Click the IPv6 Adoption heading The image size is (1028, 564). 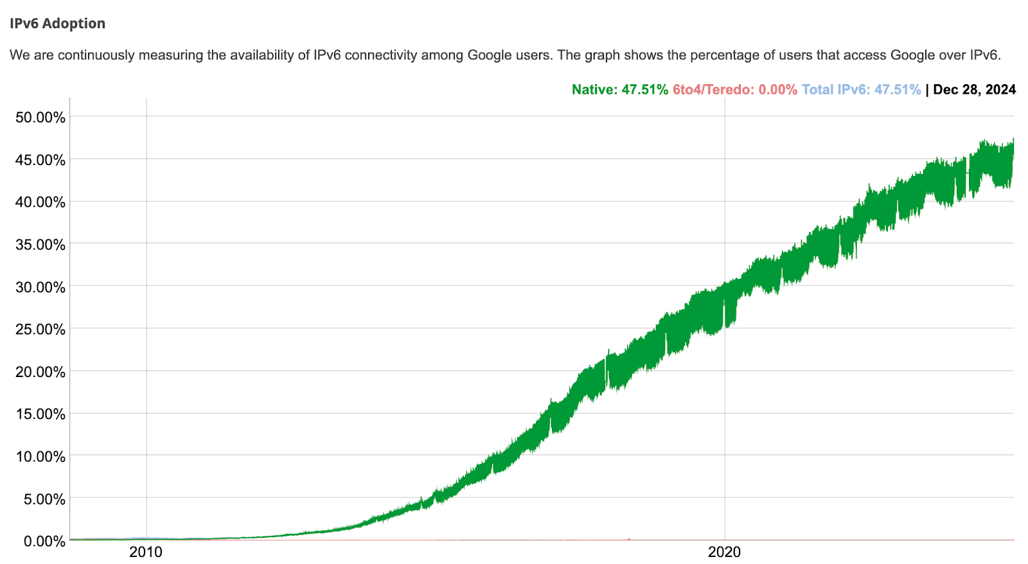[x=57, y=24]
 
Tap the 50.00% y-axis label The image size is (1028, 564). [x=40, y=118]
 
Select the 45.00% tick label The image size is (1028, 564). [x=40, y=160]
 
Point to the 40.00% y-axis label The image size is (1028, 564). [x=40, y=202]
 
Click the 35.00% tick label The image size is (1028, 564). [x=40, y=245]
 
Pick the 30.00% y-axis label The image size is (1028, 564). [x=40, y=287]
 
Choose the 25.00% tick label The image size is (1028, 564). [x=40, y=330]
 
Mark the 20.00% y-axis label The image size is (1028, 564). [x=40, y=372]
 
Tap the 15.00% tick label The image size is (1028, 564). [x=40, y=414]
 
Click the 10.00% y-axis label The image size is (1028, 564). [x=40, y=457]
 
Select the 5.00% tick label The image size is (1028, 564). [x=44, y=499]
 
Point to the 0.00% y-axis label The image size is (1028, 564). [x=44, y=542]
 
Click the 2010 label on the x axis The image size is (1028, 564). [x=146, y=552]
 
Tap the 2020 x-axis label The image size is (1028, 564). [x=724, y=552]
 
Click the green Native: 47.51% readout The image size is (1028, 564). [x=619, y=90]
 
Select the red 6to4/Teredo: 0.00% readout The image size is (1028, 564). [x=734, y=90]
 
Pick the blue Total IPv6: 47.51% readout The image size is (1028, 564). [x=861, y=90]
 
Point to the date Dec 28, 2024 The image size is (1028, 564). [x=974, y=90]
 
